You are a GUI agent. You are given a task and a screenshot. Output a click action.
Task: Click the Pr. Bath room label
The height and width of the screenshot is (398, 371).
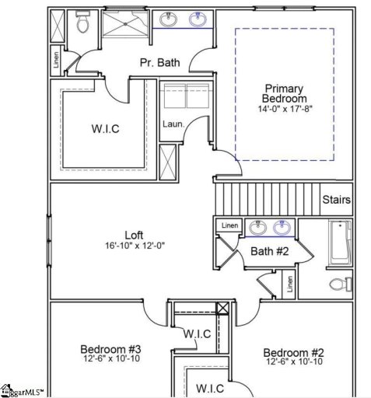pos(159,63)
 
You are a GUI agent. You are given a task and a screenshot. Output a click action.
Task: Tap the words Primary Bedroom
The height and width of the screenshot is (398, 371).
pos(284,94)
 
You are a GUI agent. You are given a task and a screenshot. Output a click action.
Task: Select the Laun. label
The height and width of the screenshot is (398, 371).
pos(172,124)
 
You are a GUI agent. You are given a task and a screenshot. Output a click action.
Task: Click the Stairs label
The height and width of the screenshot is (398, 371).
pos(336,200)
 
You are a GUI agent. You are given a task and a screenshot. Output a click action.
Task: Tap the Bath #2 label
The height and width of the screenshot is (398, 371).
pos(269,251)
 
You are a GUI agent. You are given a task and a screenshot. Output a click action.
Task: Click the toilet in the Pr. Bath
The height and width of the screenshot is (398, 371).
pos(82,26)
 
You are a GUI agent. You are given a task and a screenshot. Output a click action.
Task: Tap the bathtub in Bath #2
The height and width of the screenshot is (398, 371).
pos(340,242)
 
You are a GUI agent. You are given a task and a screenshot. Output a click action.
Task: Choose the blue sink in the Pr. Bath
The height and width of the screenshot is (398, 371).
pos(198,20)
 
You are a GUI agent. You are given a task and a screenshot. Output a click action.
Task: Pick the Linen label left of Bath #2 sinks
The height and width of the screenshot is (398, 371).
pos(229,226)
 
